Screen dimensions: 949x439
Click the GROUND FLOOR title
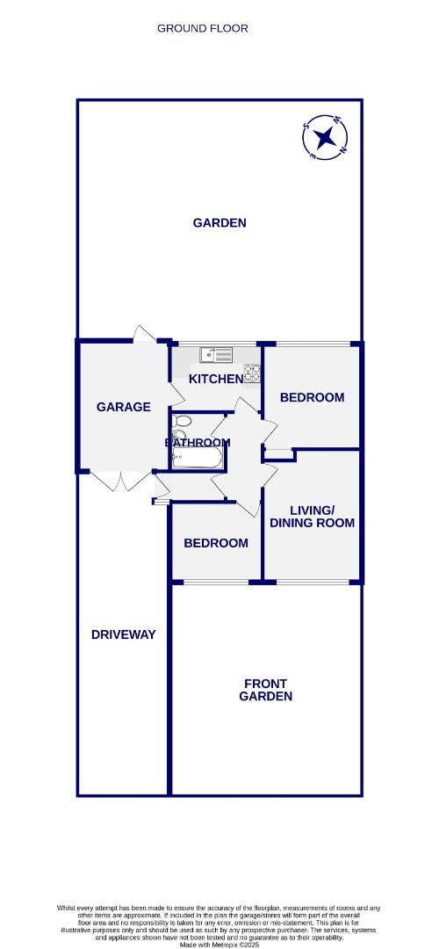[202, 28]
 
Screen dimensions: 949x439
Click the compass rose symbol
[325, 137]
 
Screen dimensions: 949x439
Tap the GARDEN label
[219, 223]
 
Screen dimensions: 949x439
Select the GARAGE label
[123, 407]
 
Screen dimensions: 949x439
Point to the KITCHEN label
[216, 379]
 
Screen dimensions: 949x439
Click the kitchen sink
[216, 355]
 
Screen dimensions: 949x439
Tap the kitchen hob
[252, 373]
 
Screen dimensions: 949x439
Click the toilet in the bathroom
[181, 421]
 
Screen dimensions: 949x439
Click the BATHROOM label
[198, 442]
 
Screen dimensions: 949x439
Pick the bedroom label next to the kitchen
[312, 397]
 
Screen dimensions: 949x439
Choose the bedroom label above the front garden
[215, 543]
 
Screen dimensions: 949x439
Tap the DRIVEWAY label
[123, 634]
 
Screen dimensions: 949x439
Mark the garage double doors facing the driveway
[123, 482]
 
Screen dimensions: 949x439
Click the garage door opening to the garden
[145, 335]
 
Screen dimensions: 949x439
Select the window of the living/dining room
[312, 582]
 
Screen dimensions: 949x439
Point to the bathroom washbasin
[180, 437]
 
